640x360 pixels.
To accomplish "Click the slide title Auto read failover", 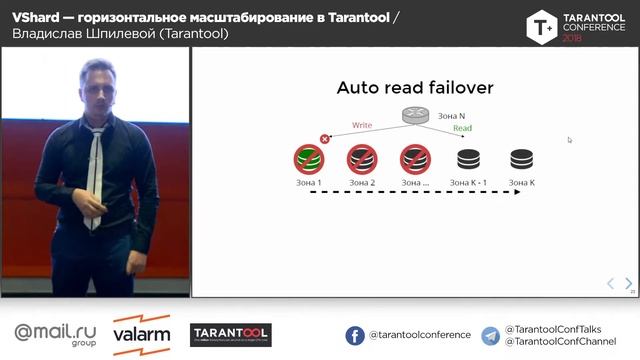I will click(x=415, y=89).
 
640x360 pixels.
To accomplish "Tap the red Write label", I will click(x=361, y=125).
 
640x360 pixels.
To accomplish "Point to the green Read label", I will click(x=462, y=129).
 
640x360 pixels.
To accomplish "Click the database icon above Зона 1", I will click(x=308, y=158).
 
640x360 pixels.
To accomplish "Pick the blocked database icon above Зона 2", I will click(x=361, y=158).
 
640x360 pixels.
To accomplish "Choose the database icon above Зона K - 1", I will click(x=468, y=158).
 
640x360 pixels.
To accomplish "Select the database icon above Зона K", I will click(x=521, y=158).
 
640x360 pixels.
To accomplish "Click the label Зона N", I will click(x=452, y=116).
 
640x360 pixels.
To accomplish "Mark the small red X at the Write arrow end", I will click(x=324, y=139).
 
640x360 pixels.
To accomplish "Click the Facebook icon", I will click(x=355, y=335).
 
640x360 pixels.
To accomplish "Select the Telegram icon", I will click(x=491, y=335).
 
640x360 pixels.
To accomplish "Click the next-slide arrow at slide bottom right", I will click(x=628, y=283).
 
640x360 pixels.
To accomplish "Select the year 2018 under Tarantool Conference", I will click(x=572, y=37).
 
